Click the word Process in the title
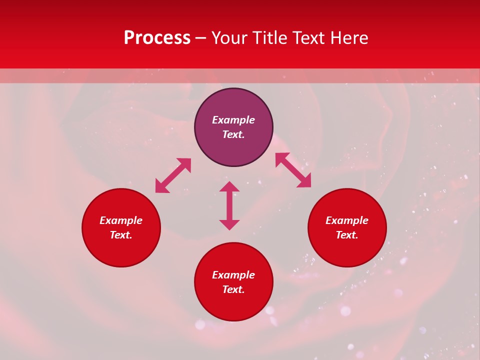pyautogui.click(x=157, y=38)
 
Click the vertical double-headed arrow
pyautogui.click(x=229, y=205)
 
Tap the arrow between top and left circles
pyautogui.click(x=173, y=175)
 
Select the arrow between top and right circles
pyautogui.click(x=293, y=170)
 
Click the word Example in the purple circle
pyautogui.click(x=233, y=120)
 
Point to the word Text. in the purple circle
pyautogui.click(x=233, y=134)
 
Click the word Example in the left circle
pyautogui.click(x=121, y=220)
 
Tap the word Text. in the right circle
pyautogui.click(x=347, y=235)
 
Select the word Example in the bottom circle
pyautogui.click(x=233, y=275)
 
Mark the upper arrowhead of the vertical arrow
pyautogui.click(x=229, y=187)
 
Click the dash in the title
pyautogui.click(x=200, y=38)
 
